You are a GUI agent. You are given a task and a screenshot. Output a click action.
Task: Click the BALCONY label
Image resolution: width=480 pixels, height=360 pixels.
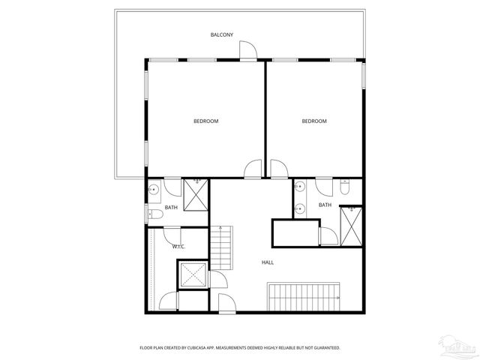(221, 34)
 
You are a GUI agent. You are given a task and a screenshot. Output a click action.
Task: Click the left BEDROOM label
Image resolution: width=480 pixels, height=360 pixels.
(205, 121)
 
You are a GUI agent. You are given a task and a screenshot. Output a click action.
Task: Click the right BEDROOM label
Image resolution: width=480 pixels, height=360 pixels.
(314, 121)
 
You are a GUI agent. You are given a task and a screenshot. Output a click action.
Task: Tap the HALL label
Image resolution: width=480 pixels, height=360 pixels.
(267, 262)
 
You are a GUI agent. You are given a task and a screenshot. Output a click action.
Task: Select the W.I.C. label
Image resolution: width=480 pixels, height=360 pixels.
(178, 246)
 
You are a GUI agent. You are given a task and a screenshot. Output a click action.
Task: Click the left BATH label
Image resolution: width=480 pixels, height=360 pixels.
(171, 208)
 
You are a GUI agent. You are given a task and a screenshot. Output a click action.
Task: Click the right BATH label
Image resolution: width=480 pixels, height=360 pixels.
(324, 205)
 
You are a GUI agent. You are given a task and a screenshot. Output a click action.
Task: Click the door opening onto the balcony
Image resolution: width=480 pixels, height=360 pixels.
(248, 50)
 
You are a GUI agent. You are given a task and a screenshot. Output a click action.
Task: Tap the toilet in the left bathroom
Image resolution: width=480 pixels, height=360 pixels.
(154, 214)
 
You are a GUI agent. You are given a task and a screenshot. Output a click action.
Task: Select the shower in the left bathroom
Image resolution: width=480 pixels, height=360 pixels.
(197, 196)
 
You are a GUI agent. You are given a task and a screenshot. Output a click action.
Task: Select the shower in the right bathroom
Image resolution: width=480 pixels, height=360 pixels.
(351, 224)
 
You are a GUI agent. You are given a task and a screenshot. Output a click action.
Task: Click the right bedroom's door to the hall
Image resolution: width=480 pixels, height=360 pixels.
(278, 169)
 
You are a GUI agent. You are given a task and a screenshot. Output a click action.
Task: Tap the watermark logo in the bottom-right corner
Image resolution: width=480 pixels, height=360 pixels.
(458, 347)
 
